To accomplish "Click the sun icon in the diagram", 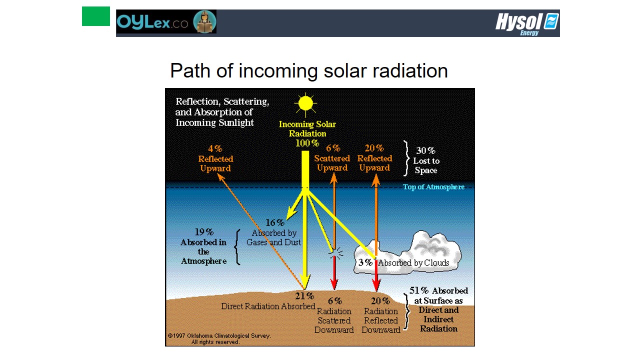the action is tap(305, 103).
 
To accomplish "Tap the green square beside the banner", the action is tap(96, 16).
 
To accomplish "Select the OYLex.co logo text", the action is tap(152, 22).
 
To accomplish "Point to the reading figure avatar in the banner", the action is tap(204, 21).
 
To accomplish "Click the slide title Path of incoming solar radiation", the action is tap(309, 71).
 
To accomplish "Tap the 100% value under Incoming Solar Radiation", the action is tap(307, 143).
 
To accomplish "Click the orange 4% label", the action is tap(215, 148).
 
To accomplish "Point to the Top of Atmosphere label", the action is tap(433, 187).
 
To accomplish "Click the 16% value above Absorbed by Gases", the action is tap(275, 222).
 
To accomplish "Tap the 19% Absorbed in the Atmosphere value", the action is tap(204, 231).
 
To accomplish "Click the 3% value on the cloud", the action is tap(365, 262).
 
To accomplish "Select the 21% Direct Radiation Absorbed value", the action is tap(304, 296).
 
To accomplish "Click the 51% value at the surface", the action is tap(419, 290).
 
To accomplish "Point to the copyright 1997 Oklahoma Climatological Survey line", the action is tap(219, 335).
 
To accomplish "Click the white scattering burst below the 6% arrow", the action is tap(335, 253).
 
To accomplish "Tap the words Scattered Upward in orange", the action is tap(332, 163).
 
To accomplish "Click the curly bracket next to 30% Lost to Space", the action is tap(406, 158).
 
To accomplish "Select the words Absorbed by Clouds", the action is tap(413, 262).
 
